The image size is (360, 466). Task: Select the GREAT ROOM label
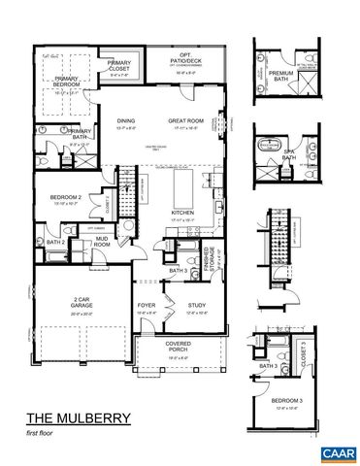[x=184, y=119]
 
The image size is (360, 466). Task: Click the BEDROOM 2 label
[x=66, y=198]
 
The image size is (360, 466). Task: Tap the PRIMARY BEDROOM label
[x=66, y=82]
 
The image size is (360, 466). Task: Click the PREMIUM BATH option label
[x=281, y=75]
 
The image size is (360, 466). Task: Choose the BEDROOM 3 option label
[x=285, y=400]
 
